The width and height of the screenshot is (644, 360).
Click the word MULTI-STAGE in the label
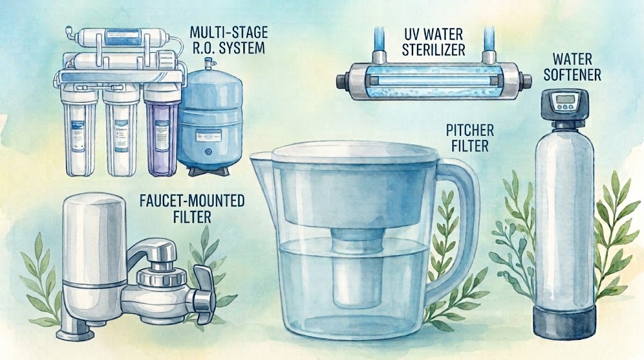pos(229,32)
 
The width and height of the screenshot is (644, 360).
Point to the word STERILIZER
pos(433,50)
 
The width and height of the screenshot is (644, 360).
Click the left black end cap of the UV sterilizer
pos(344,80)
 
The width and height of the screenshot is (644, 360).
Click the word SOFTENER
pos(572,74)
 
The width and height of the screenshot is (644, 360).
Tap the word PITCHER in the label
pos(470,131)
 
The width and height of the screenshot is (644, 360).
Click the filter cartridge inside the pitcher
pos(357,267)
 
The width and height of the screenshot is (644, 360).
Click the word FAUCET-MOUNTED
pos(192,201)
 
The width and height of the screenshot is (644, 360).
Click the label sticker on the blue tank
pos(208,135)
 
